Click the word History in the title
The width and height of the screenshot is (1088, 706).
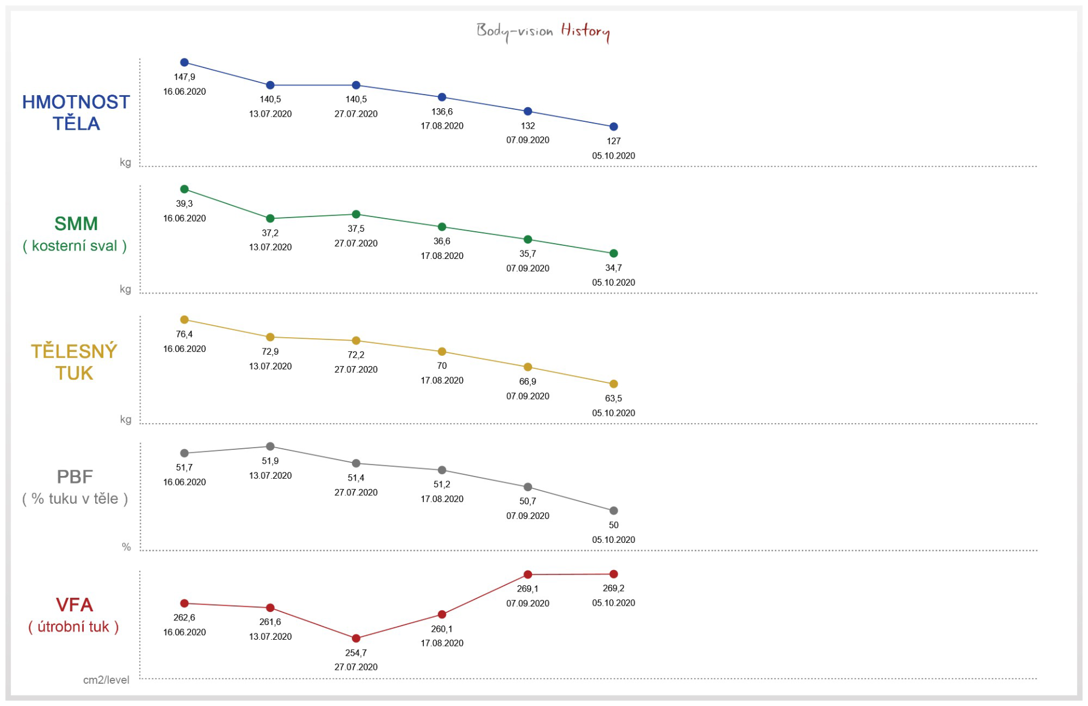(585, 31)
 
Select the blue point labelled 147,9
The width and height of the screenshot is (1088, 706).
(184, 62)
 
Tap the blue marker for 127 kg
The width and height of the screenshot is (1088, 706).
(613, 127)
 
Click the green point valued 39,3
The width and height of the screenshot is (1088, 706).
(184, 189)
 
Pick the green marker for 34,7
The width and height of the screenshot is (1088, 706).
(613, 253)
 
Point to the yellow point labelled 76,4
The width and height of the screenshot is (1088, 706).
(184, 320)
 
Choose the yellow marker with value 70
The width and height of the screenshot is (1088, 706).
(442, 352)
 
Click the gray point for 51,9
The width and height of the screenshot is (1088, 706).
(270, 446)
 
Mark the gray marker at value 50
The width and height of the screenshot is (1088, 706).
(613, 511)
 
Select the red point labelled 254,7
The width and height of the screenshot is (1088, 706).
(356, 639)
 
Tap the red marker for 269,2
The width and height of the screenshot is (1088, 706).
(613, 574)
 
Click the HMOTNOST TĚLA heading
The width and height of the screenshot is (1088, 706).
(76, 112)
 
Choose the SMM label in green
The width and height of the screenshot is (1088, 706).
(76, 224)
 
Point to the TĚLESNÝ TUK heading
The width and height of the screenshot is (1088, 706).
(74, 362)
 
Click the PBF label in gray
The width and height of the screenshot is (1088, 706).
(75, 477)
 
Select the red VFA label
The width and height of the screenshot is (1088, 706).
(74, 605)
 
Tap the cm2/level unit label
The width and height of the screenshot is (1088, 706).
(106, 680)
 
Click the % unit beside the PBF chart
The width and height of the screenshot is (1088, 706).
(126, 547)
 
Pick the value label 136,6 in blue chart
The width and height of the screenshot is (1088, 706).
(442, 112)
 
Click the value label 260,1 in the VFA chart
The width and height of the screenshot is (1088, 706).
(442, 629)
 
